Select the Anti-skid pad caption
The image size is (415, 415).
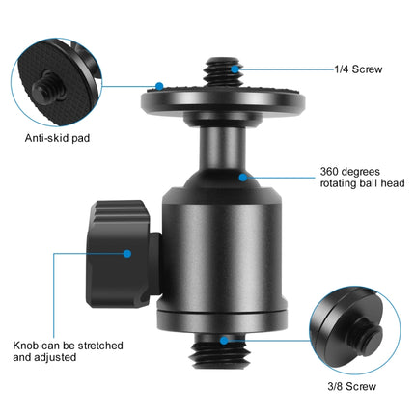click(56, 138)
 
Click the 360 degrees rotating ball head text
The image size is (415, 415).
click(356, 179)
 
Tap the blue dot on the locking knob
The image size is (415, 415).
click(127, 254)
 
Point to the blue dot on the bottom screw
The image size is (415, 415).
click(223, 341)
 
